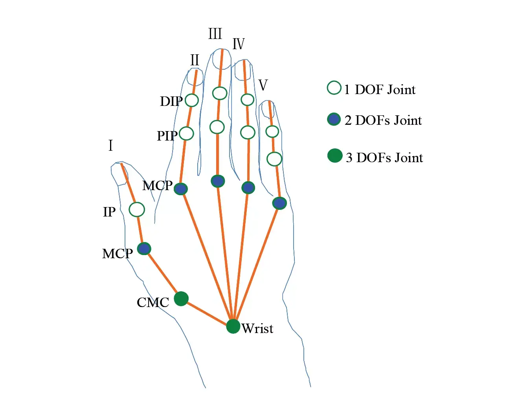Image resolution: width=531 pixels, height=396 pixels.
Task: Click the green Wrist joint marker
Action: pos(233,326)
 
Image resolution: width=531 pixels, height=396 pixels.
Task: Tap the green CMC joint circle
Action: pos(181,299)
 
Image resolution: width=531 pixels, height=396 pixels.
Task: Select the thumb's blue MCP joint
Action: pos(144,249)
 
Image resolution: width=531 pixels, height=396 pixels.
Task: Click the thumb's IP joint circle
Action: pos(137,209)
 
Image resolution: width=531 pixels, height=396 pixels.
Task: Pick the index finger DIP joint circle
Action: pos(192,100)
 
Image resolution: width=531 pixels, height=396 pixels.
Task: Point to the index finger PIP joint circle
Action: pos(186,133)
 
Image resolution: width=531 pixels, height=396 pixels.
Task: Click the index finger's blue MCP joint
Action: pos(181,189)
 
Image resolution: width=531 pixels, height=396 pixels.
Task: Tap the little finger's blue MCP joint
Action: pos(279,203)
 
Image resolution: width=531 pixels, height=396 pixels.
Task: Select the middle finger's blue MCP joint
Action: pos(218,181)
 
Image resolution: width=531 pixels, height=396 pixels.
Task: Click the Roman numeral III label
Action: pos(215,34)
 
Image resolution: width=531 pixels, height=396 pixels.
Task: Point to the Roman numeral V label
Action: pos(263,85)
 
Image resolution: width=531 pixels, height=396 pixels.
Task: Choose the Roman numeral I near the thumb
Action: pos(110,146)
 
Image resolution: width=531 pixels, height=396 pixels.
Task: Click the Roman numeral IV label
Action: pos(239,44)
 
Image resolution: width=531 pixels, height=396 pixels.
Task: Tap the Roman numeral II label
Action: pos(195,60)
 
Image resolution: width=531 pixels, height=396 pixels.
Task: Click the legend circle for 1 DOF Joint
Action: pos(334,88)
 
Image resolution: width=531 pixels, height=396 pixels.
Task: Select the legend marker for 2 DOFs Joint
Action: pos(334,119)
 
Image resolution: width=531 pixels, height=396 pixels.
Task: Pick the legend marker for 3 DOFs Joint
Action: pos(335,155)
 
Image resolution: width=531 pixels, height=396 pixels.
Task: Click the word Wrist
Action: pos(257,328)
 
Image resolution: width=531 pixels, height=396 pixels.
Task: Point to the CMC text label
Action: pos(153,302)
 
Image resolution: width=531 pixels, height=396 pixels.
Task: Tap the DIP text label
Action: pos(171,102)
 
